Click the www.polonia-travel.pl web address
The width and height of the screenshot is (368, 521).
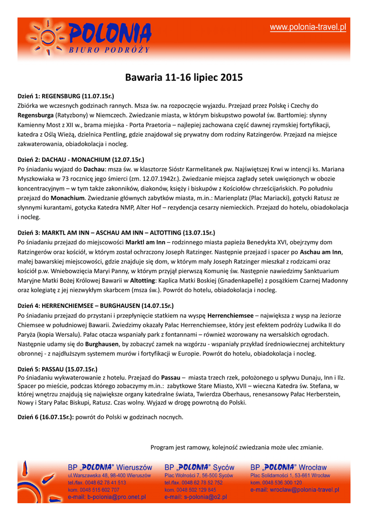click(x=308, y=27)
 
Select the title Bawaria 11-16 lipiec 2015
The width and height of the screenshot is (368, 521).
click(x=184, y=78)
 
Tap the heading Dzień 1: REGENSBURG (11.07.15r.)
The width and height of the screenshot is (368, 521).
click(x=66, y=96)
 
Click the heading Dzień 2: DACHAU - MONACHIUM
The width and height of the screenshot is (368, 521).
click(x=81, y=159)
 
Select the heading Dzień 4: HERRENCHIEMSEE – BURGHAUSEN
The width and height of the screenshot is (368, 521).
click(x=96, y=306)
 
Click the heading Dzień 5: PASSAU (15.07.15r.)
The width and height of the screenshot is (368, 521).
click(x=57, y=369)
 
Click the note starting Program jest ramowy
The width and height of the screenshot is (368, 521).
click(x=237, y=447)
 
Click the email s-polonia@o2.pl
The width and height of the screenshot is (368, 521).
click(x=196, y=497)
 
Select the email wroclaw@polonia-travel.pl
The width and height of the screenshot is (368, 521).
click(x=295, y=490)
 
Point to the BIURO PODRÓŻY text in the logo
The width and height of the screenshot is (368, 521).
click(x=109, y=50)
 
